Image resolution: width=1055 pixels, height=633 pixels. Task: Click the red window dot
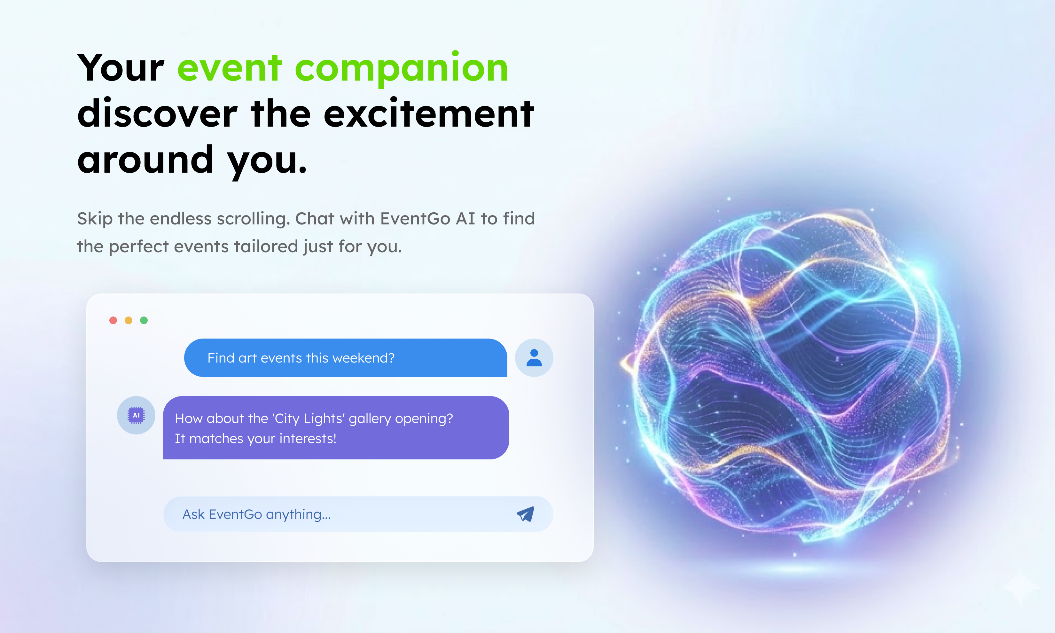tap(113, 320)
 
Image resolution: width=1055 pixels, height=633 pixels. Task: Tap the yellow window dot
tap(128, 320)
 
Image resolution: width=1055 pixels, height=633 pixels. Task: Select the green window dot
tap(144, 320)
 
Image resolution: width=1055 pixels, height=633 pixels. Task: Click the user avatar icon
tap(534, 358)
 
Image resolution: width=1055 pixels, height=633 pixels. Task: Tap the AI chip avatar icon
tap(136, 415)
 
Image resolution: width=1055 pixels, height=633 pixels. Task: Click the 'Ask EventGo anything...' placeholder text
tap(256, 514)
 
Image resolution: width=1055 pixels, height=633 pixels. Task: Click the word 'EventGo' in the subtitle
tap(415, 218)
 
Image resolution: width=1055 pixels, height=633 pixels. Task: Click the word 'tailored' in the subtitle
tap(266, 246)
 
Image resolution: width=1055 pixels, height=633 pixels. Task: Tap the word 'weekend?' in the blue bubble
tap(363, 358)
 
